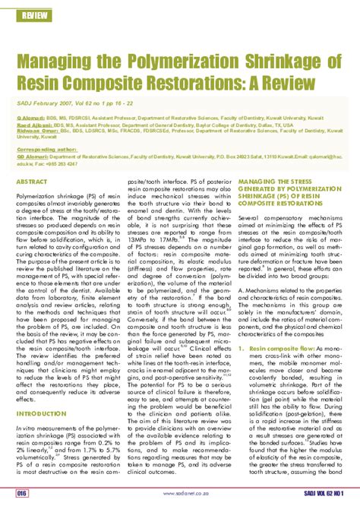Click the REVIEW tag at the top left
pyautogui.click(x=33, y=15)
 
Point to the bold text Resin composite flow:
pyautogui.click(x=283, y=349)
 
